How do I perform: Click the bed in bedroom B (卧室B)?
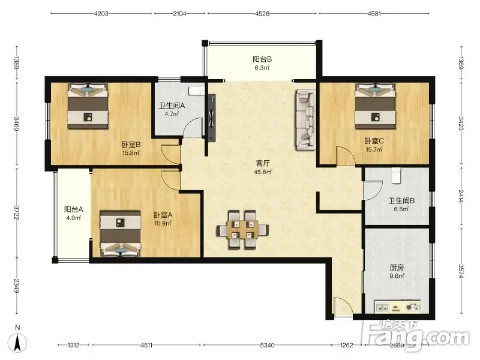point(88,106)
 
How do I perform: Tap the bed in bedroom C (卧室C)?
point(375,106)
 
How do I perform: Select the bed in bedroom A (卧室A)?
point(121,233)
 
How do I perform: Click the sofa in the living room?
point(305,119)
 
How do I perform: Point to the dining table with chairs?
point(242,230)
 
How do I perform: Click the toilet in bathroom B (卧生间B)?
point(396,175)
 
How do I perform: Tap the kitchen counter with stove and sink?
point(398,307)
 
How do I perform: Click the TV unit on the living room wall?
point(212,118)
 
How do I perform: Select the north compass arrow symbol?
point(18,342)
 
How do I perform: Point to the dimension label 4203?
point(101,13)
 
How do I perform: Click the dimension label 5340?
point(267,346)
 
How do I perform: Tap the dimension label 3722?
point(17,213)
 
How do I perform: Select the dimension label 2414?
point(461,196)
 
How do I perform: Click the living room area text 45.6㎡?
point(263,172)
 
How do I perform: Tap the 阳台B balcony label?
point(262,59)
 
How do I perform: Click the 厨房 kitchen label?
point(397,268)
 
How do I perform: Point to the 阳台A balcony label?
point(73,209)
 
